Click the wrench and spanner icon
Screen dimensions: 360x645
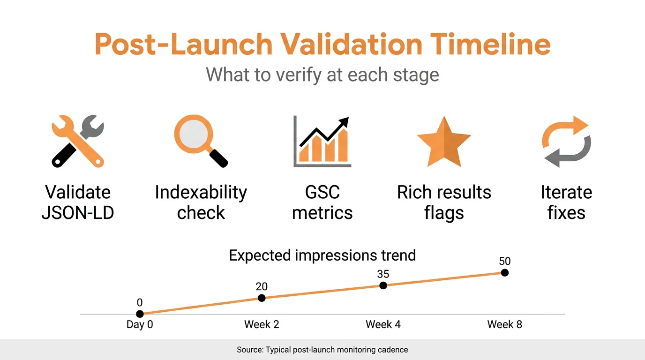[78, 141]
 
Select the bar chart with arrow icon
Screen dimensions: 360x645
[322, 142]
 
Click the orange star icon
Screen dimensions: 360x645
[443, 142]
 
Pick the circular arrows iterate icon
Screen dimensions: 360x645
[566, 142]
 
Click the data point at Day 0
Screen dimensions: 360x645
[140, 314]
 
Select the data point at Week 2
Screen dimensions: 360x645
[262, 298]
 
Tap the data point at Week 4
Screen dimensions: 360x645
[383, 285]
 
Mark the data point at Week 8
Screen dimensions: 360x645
[504, 273]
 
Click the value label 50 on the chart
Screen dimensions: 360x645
[504, 261]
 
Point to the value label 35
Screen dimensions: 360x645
[383, 274]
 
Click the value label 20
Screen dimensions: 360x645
[262, 286]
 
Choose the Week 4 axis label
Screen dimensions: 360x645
[383, 324]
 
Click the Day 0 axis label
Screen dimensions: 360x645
[140, 324]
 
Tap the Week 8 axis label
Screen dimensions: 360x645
[504, 324]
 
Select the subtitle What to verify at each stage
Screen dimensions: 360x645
[322, 75]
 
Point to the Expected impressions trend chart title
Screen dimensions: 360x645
[322, 255]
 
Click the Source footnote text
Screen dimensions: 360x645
[322, 350]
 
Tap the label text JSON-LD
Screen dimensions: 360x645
[78, 213]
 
